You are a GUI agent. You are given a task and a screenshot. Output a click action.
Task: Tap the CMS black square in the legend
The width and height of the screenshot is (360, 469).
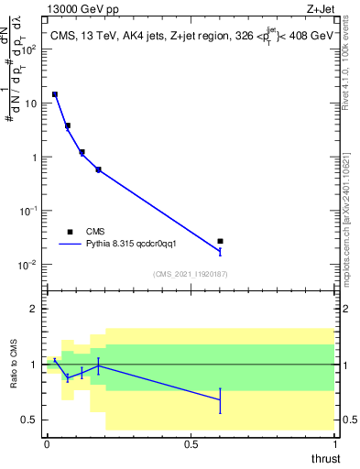[70, 232]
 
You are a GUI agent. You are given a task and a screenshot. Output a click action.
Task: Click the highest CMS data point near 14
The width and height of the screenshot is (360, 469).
[55, 94]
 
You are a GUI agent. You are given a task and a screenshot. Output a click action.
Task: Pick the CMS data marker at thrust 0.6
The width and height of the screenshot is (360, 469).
[220, 241]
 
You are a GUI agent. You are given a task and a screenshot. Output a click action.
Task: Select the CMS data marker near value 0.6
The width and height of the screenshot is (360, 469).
[98, 169]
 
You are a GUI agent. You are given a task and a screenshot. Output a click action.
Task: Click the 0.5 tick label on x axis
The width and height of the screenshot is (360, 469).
[191, 443]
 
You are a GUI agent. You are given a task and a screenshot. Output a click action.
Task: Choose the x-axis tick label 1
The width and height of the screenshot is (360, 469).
[334, 443]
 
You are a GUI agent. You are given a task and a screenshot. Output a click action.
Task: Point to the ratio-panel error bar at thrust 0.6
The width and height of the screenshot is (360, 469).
[220, 399]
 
